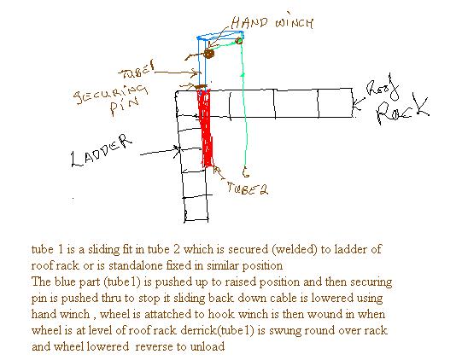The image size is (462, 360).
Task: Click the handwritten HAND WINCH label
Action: click(x=272, y=22)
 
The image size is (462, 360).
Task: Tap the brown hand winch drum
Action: click(x=208, y=54)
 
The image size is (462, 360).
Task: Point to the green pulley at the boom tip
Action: click(x=239, y=40)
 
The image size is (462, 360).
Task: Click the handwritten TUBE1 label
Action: click(x=137, y=71)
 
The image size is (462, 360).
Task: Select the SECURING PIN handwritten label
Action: click(x=111, y=99)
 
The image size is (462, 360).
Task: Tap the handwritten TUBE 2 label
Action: click(x=248, y=189)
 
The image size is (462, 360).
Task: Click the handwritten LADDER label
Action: click(x=102, y=151)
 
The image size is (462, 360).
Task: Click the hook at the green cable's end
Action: click(x=245, y=172)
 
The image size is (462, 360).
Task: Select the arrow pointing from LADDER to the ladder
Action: click(x=160, y=151)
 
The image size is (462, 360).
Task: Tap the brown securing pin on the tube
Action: click(x=202, y=86)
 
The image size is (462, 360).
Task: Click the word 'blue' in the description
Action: click(x=64, y=282)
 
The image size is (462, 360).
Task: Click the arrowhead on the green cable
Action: click(x=243, y=75)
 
